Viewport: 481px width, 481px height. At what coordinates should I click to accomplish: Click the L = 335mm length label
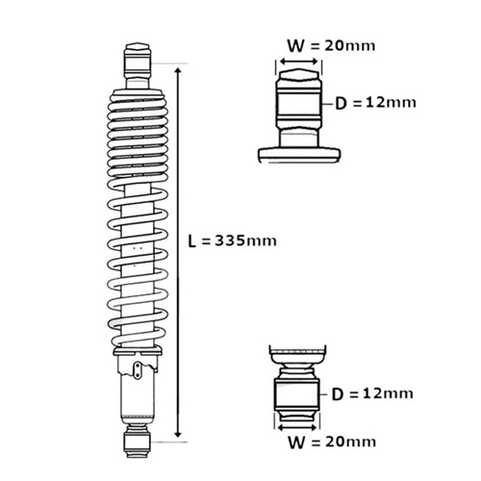point(232,240)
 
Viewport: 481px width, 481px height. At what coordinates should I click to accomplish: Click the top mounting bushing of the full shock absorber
point(139,60)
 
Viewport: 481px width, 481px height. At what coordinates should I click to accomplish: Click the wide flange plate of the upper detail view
point(297,154)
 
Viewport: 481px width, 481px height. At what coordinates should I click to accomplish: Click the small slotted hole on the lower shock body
point(141,369)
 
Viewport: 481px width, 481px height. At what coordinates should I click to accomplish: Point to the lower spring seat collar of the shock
point(139,357)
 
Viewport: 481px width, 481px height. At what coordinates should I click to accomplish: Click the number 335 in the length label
point(240,240)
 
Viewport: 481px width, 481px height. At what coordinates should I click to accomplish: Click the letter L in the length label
point(192,240)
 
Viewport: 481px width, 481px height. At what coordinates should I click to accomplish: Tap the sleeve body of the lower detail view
point(297,394)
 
